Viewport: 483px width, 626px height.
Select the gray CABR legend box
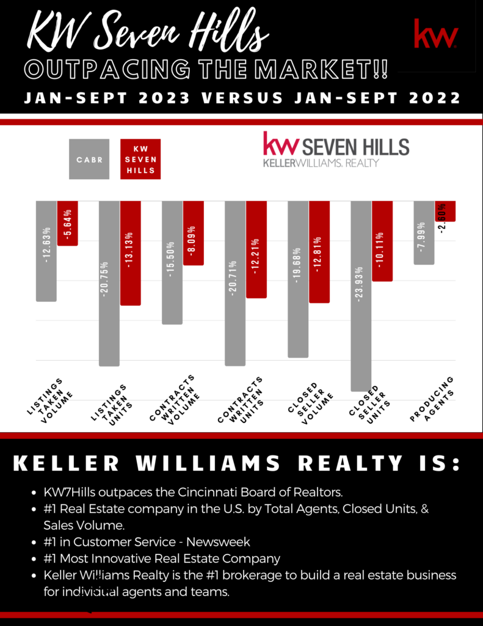(89, 159)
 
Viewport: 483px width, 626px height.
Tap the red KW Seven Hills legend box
(140, 159)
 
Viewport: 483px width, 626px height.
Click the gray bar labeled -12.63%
(46, 251)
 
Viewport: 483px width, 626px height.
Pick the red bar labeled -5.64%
(67, 223)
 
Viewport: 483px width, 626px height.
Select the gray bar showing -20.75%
(109, 283)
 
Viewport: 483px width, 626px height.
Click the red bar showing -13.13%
(130, 252)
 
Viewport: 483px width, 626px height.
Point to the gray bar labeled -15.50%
(172, 262)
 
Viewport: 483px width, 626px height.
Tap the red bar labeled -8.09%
(193, 233)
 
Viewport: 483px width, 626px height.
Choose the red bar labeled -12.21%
(256, 249)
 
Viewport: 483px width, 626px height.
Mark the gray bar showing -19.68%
(298, 279)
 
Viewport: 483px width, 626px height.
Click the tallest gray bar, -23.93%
(361, 295)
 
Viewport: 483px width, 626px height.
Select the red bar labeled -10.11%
(382, 241)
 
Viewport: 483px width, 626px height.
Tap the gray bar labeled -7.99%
(424, 232)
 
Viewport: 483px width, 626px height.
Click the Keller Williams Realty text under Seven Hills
(321, 163)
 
